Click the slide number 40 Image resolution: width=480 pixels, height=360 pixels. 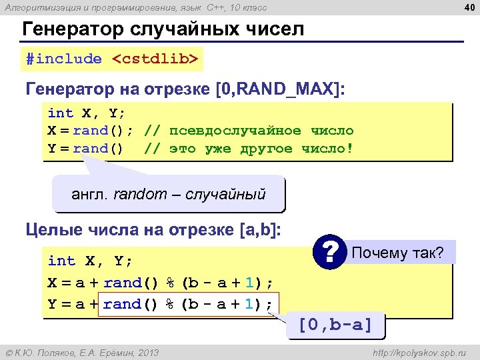468,7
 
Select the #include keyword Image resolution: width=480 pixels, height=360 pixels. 64,59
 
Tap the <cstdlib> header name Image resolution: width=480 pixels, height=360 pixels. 155,59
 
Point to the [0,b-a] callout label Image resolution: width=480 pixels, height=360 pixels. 335,326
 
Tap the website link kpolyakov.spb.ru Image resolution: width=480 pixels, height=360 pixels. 420,352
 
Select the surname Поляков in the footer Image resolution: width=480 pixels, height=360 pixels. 53,352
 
